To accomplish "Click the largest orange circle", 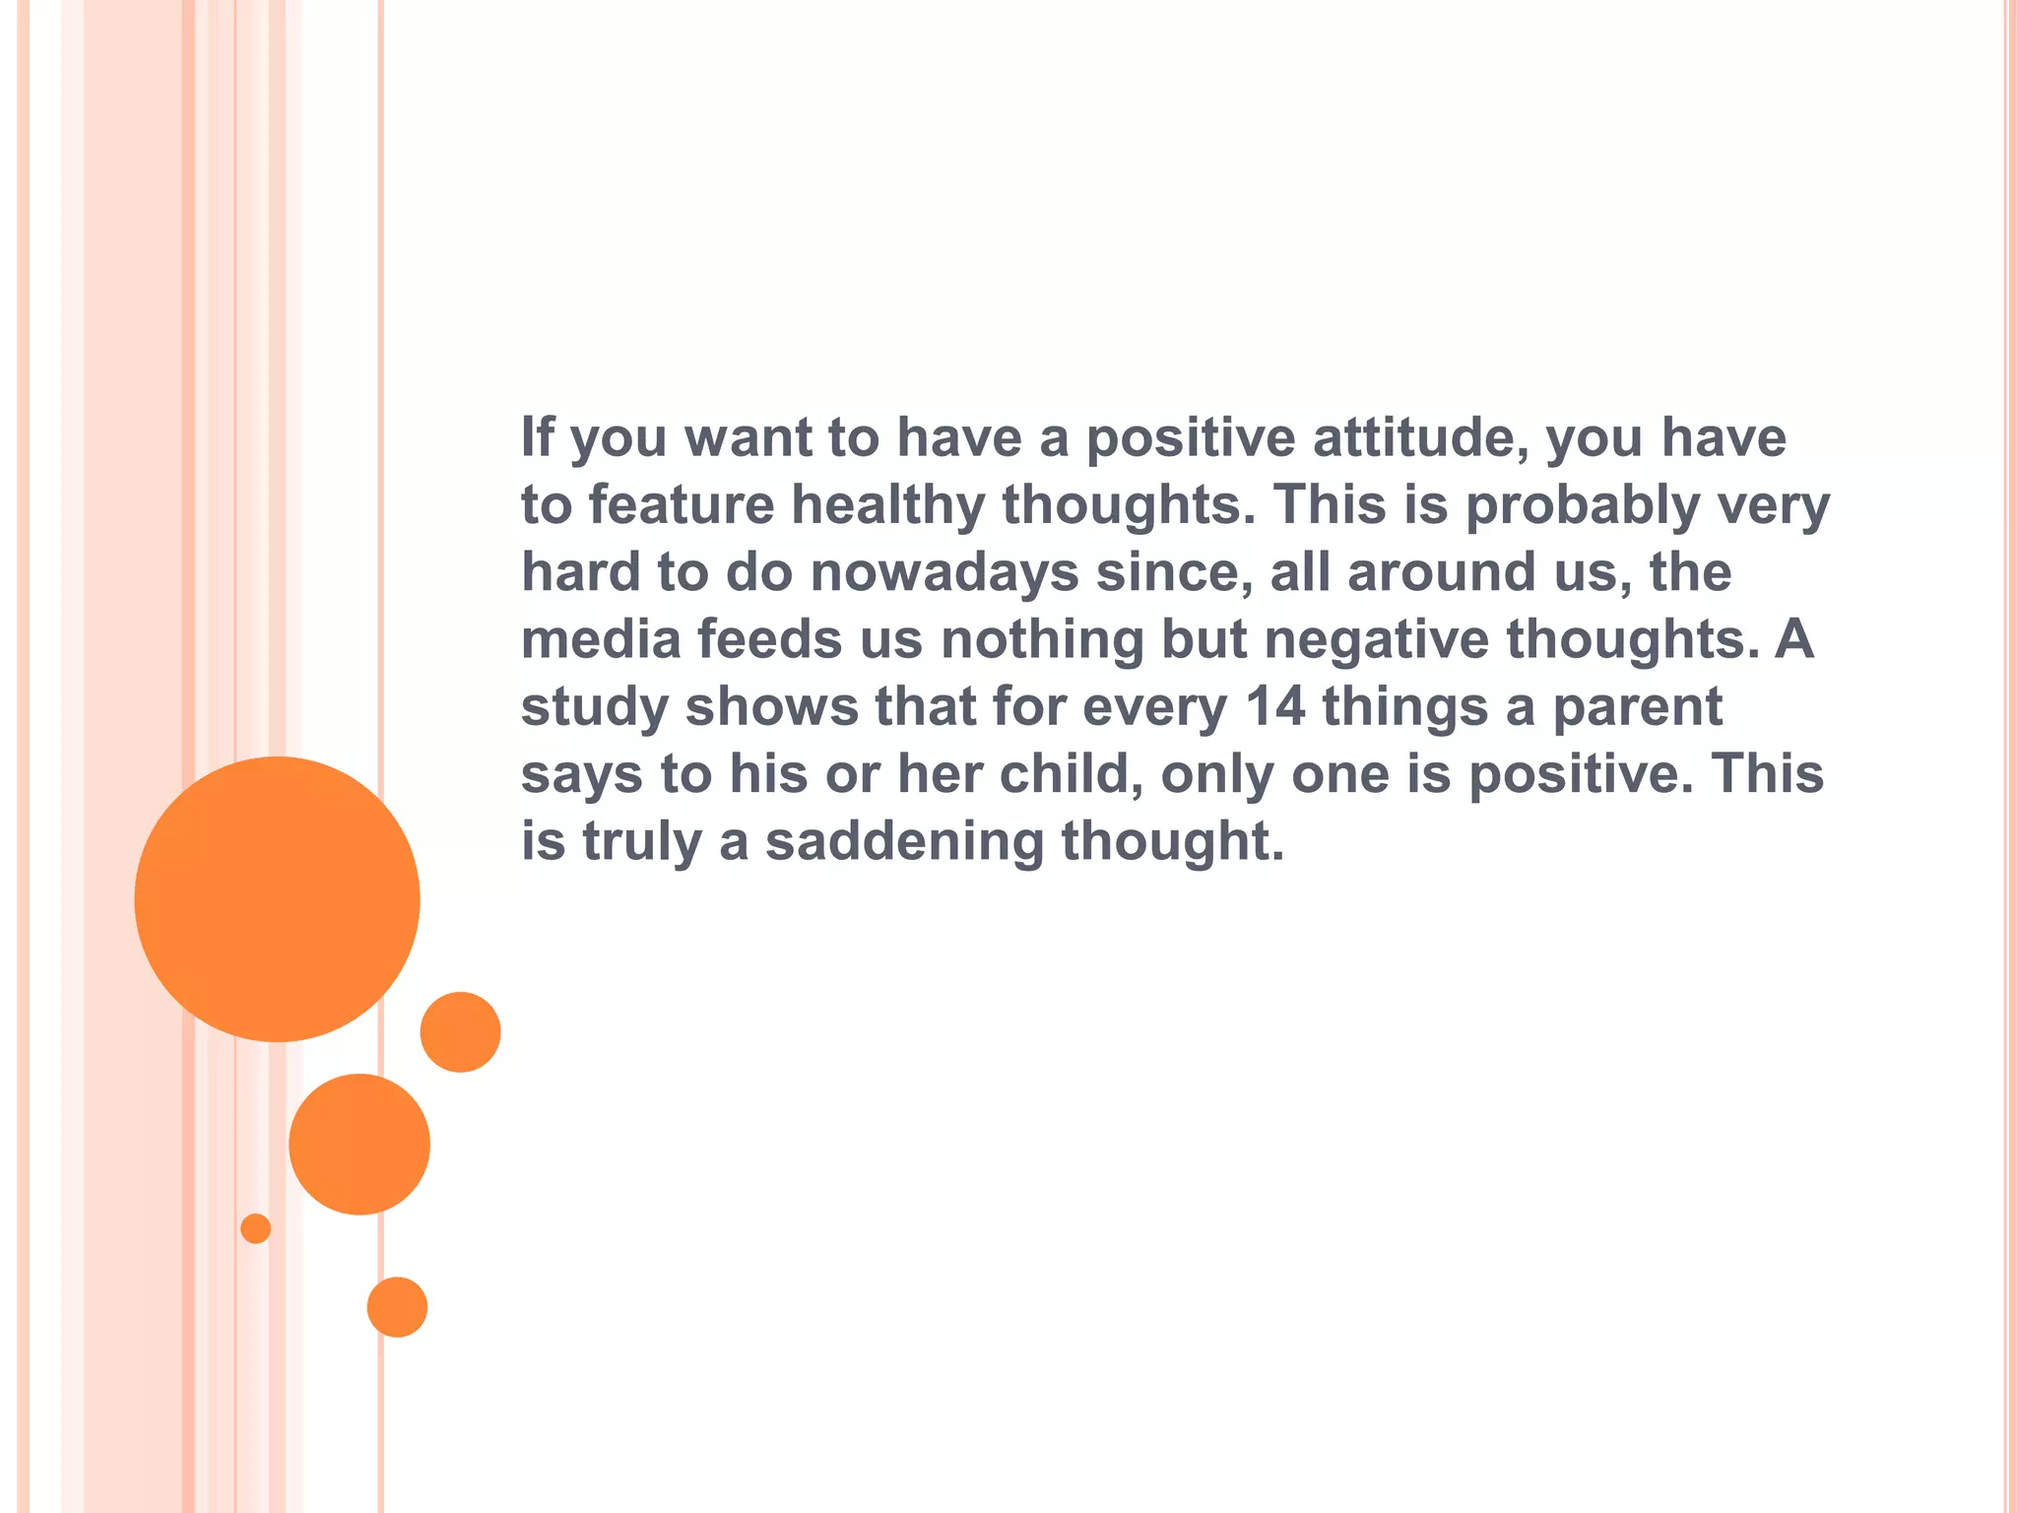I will coord(277,898).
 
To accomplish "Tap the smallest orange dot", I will coord(256,1228).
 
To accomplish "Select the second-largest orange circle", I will coord(359,1144).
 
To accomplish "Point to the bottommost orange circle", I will coord(397,1307).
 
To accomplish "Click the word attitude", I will coord(1421,437).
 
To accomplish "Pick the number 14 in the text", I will coord(1275,706).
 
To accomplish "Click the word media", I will coord(601,639).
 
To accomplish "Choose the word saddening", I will coord(904,841).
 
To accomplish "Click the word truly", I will coord(642,842).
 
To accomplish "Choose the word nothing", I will coord(1042,639).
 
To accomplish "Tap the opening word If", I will coord(537,437).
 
